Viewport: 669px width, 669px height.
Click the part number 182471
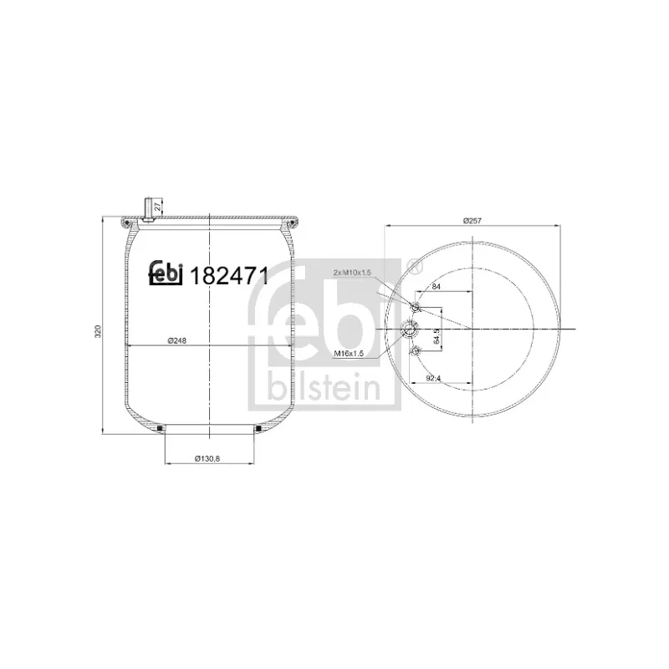coord(229,276)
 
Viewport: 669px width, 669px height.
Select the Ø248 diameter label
coord(176,340)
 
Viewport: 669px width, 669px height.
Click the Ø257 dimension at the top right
coord(473,221)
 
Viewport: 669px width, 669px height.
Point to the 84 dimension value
coord(437,287)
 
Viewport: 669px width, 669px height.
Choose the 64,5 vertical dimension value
coord(437,339)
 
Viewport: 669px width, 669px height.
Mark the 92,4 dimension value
coord(433,378)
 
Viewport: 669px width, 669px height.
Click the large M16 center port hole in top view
coord(411,329)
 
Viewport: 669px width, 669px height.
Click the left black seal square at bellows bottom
coord(159,430)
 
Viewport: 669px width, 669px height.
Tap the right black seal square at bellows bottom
coord(258,430)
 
